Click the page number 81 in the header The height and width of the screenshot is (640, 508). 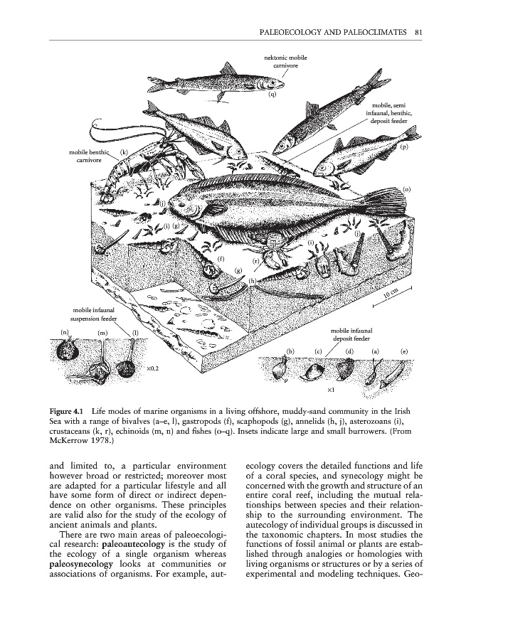coord(418,32)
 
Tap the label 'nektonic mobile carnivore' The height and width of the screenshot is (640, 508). coord(286,62)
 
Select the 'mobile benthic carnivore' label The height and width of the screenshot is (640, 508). coord(90,156)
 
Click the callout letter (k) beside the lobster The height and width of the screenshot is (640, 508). coord(124,153)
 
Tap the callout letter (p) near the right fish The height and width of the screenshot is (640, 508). coord(404,146)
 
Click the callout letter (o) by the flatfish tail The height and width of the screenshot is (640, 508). coord(407,189)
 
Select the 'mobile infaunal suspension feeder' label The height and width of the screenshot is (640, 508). coord(93,314)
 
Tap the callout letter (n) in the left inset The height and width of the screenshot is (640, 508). coord(65,332)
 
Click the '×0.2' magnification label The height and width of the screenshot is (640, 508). coord(152,368)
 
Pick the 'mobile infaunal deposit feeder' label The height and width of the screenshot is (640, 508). coord(351,335)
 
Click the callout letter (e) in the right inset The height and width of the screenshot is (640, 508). coord(404,351)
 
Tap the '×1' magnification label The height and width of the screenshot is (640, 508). coord(331,390)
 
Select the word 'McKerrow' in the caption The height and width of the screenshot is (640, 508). coord(65,441)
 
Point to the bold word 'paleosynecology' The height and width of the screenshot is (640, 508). coord(81,564)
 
